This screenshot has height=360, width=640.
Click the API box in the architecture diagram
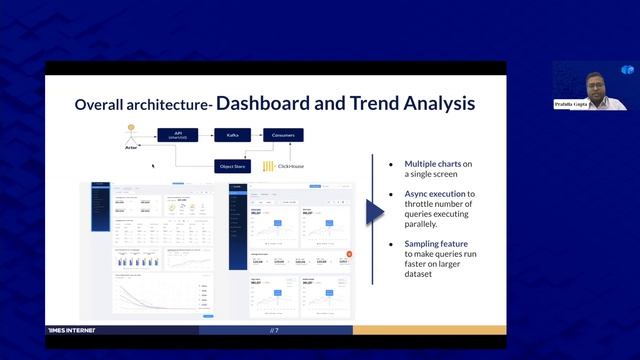click(x=178, y=134)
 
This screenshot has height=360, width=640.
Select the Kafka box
click(x=233, y=134)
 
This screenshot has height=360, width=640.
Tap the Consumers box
click(x=284, y=134)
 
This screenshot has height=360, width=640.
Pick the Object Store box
click(x=232, y=165)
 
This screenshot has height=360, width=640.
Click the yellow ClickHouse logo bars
click(x=267, y=165)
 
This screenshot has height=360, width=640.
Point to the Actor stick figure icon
click(x=130, y=135)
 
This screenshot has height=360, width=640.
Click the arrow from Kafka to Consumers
click(x=257, y=134)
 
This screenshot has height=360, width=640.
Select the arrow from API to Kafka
click(x=206, y=134)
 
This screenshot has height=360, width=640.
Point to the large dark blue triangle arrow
click(x=375, y=212)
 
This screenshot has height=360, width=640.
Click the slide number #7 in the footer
click(x=274, y=330)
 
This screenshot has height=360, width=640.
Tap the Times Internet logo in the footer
click(x=74, y=330)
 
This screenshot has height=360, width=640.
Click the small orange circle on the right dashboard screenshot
click(x=349, y=254)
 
